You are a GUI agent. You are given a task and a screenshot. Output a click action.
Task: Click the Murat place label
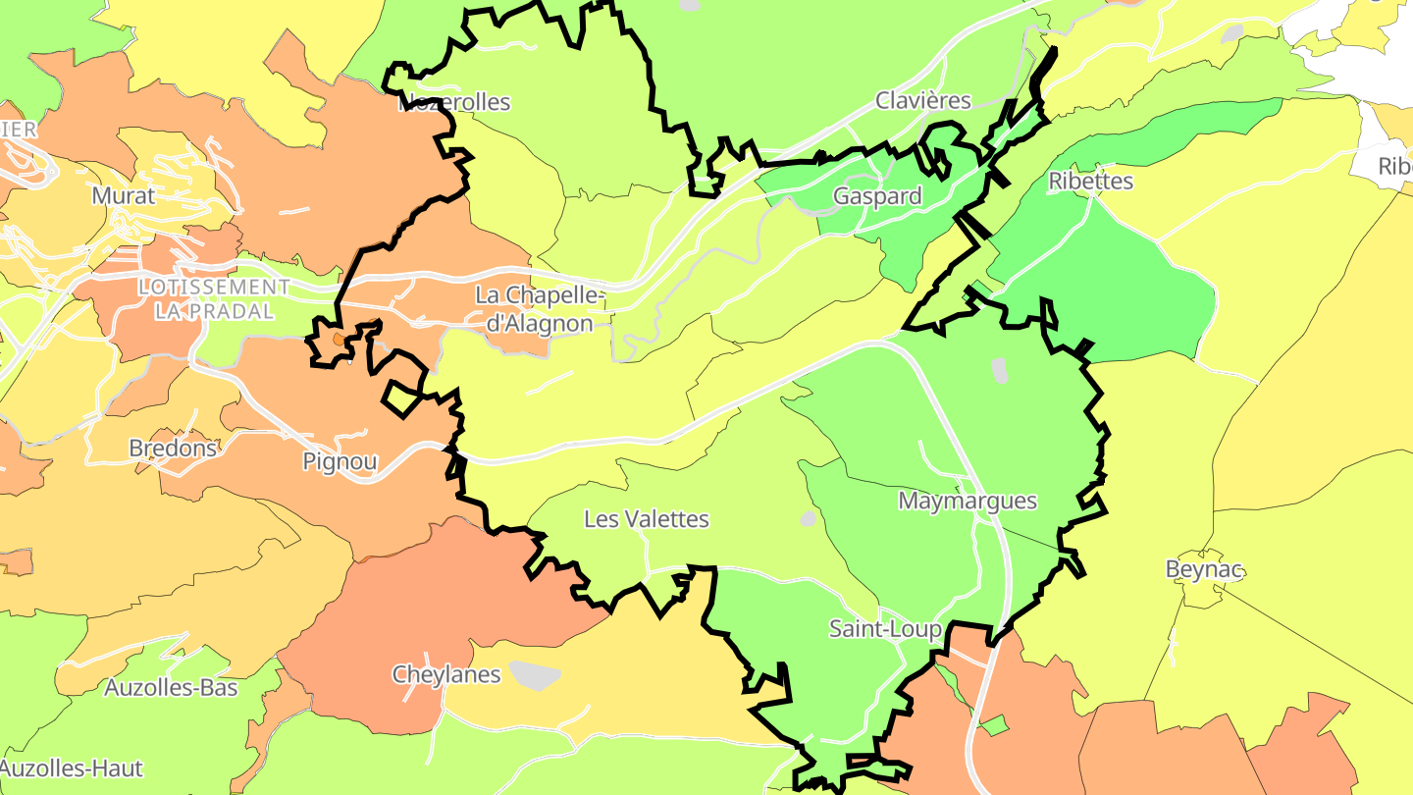click(124, 195)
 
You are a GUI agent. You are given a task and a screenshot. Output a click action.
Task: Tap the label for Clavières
click(923, 100)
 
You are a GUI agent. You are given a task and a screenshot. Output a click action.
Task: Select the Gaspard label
click(877, 196)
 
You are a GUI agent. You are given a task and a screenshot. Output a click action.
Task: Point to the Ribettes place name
click(1090, 182)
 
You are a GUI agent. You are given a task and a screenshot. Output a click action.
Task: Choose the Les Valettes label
click(646, 519)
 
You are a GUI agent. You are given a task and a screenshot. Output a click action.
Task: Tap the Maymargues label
click(968, 501)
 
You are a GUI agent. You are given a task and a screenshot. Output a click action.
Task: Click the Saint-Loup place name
click(885, 628)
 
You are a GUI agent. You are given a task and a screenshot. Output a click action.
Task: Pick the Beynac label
click(1204, 569)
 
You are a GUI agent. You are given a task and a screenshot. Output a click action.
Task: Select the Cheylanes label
click(446, 674)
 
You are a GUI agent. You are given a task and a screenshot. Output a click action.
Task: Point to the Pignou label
click(340, 461)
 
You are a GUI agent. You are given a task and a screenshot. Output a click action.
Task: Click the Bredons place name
click(173, 449)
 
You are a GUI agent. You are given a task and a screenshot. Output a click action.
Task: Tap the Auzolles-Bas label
click(171, 688)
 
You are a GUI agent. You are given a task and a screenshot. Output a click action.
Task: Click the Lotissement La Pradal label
click(214, 298)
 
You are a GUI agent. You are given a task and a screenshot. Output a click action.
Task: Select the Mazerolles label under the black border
click(454, 102)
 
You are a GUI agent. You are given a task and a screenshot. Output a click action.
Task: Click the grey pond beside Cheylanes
click(534, 674)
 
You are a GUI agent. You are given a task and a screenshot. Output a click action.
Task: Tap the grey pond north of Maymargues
click(999, 370)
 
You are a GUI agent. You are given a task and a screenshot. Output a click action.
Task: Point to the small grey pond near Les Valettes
click(808, 517)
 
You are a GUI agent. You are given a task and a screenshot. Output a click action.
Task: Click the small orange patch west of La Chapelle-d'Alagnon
click(339, 339)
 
